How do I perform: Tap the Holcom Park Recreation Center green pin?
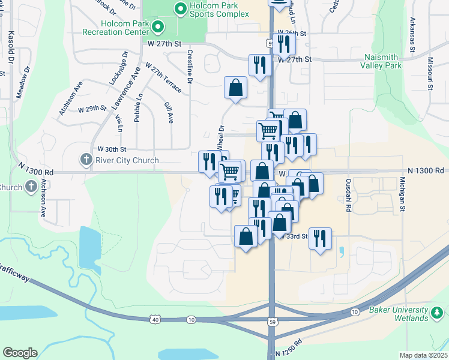point(158,26)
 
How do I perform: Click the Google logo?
point(20,353)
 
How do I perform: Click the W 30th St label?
point(112,148)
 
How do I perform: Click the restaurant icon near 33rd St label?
point(320,238)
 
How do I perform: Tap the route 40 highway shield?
point(155,320)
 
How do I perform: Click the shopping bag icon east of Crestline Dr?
point(236,88)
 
